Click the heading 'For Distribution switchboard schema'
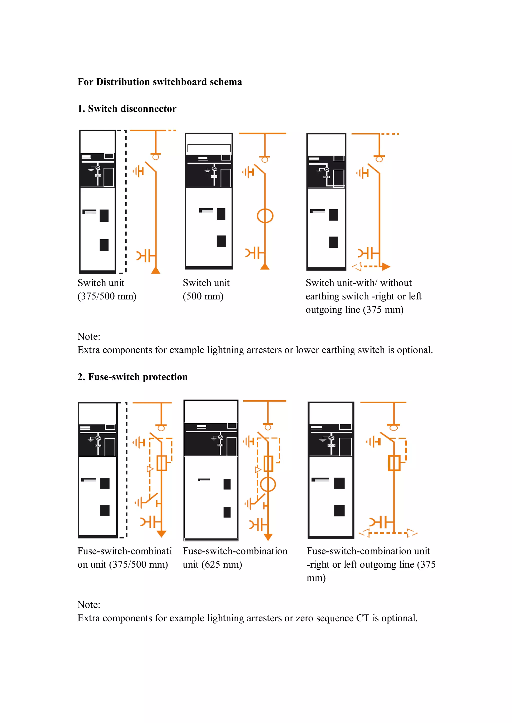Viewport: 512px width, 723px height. [x=159, y=82]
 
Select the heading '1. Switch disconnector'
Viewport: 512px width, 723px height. [x=127, y=109]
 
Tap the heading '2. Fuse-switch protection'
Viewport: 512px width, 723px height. [x=132, y=377]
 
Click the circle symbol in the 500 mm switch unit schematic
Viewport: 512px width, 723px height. [x=265, y=216]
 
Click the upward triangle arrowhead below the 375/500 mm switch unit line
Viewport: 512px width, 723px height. [x=156, y=270]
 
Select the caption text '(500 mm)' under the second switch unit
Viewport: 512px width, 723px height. [x=203, y=296]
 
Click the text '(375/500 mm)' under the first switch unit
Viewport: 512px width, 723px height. [x=107, y=296]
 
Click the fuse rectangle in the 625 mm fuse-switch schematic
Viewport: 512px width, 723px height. [x=268, y=464]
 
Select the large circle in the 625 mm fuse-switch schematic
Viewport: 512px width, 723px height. [x=268, y=484]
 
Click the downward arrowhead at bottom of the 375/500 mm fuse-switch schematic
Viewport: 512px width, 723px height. [x=161, y=534]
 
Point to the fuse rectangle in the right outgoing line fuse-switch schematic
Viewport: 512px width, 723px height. [x=394, y=463]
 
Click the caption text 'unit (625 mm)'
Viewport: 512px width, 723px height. [x=212, y=565]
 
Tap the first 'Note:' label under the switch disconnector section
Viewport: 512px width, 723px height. [x=89, y=337]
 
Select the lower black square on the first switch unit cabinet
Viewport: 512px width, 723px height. [x=104, y=245]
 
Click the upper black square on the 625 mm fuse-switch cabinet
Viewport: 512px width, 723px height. [x=227, y=484]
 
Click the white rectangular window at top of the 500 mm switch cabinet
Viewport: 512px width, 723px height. [x=209, y=148]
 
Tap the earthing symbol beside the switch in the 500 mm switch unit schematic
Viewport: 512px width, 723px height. [x=249, y=172]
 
